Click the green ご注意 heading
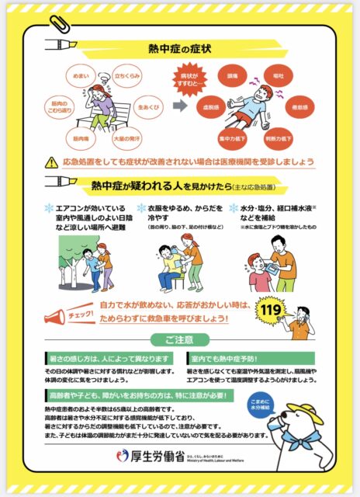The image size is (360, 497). (x=179, y=340)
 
